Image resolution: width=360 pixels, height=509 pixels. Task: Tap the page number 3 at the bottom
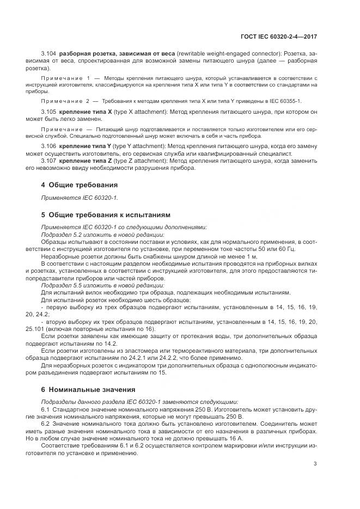[315, 464]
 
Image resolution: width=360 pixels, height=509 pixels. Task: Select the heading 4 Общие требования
[80, 185]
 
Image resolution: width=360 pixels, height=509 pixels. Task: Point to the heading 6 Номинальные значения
[86, 390]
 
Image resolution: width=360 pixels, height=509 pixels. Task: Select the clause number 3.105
[49, 112]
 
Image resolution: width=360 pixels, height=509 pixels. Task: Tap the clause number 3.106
[49, 148]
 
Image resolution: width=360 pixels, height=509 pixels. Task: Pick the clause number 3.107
[49, 161]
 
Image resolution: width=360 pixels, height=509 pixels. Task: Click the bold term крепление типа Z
[86, 161]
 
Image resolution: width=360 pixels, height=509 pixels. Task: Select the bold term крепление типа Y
[86, 148]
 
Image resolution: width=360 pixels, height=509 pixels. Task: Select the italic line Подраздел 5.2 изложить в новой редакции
[103, 234]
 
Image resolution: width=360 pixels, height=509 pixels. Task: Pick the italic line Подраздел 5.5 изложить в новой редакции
[103, 285]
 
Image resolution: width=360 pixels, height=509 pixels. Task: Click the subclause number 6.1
[46, 409]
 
